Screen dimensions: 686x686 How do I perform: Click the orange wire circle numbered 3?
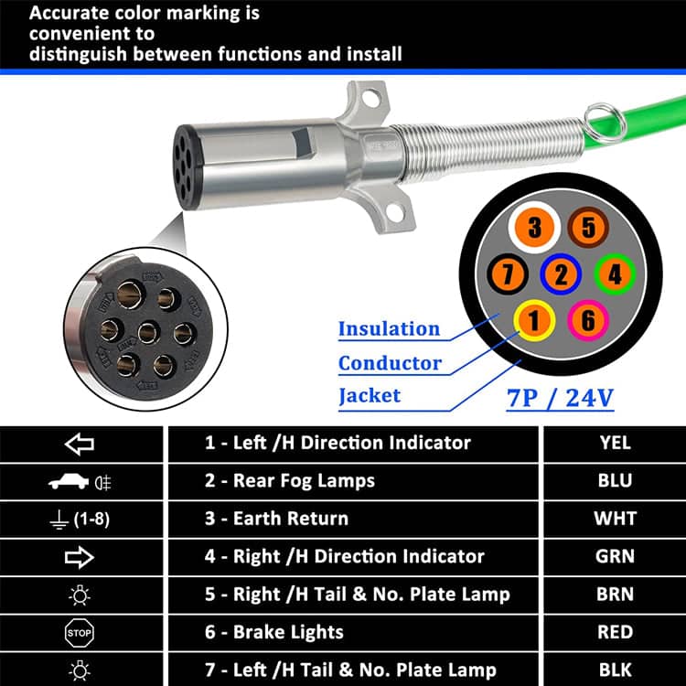pyautogui.click(x=535, y=228)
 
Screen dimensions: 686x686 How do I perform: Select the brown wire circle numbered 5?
pyautogui.click(x=588, y=228)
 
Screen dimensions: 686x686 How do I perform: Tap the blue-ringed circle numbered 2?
pyautogui.click(x=562, y=273)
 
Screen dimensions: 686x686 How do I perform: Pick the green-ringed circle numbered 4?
pyautogui.click(x=615, y=273)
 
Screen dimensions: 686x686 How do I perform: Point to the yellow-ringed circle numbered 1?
pyautogui.click(x=535, y=318)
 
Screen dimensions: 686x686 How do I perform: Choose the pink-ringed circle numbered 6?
pyautogui.click(x=588, y=318)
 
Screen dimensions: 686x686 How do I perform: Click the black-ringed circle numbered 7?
pyautogui.click(x=508, y=273)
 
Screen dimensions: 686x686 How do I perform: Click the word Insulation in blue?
pyautogui.click(x=389, y=328)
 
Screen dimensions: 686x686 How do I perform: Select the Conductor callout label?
pyautogui.click(x=390, y=362)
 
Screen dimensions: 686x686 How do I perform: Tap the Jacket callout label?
pyautogui.click(x=370, y=395)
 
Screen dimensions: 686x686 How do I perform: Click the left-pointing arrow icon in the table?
pyautogui.click(x=80, y=444)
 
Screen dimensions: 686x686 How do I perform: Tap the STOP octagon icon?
pyautogui.click(x=80, y=631)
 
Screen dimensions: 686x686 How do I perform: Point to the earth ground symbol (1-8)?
pyautogui.click(x=80, y=519)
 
